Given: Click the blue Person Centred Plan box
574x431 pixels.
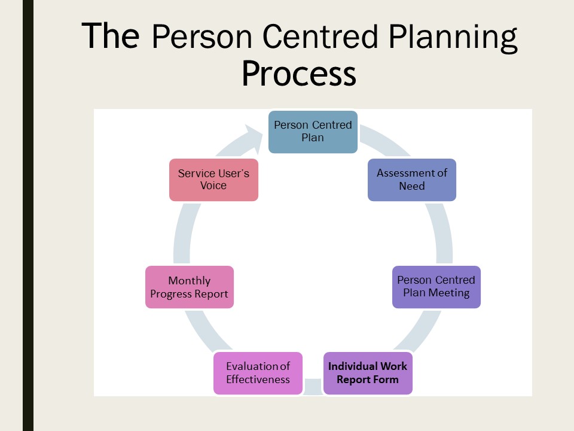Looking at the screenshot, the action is point(313,132).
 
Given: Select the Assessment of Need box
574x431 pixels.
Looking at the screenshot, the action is point(412,180).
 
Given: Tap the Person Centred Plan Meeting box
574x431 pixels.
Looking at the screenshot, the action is point(436,287).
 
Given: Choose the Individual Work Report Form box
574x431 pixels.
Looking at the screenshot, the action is point(368,373).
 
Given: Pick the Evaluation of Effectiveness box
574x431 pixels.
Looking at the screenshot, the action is point(258,373).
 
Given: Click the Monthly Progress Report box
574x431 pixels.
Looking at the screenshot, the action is point(190,287).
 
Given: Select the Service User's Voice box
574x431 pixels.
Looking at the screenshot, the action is point(214,180).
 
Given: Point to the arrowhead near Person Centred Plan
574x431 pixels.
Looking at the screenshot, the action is point(255,138).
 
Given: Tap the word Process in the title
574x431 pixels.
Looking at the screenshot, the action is point(299,73).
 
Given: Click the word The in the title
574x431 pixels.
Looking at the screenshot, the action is point(110,35).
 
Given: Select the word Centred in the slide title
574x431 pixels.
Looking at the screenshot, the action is point(320,35).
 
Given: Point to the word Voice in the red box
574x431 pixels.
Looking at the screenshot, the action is point(213,186).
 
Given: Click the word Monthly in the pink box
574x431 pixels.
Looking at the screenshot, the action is point(190,281).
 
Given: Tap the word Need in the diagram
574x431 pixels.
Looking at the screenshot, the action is point(412,186).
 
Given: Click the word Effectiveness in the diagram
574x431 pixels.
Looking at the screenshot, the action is point(258,380).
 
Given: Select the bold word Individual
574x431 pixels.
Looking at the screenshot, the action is point(353,366).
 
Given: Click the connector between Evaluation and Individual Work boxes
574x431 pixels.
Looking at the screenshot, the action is point(313,387).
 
